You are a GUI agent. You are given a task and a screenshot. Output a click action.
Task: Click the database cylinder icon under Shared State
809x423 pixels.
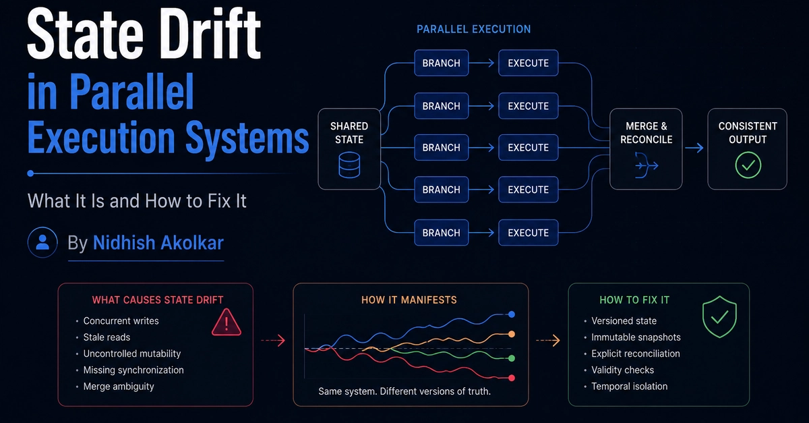pyautogui.click(x=349, y=165)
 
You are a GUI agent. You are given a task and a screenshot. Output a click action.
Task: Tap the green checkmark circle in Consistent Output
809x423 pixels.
pyautogui.click(x=748, y=165)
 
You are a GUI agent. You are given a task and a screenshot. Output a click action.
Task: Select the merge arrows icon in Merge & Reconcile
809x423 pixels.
pyautogui.click(x=646, y=165)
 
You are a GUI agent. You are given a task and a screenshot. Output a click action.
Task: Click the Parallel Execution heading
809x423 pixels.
pyautogui.click(x=473, y=29)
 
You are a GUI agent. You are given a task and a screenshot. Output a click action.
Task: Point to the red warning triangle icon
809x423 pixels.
pyautogui.click(x=227, y=322)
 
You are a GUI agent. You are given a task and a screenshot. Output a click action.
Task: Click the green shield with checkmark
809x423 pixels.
pyautogui.click(x=719, y=317)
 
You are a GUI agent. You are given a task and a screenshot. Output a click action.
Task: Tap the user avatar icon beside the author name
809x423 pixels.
pyautogui.click(x=42, y=242)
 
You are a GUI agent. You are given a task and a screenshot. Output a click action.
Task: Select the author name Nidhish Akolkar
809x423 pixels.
pyautogui.click(x=158, y=243)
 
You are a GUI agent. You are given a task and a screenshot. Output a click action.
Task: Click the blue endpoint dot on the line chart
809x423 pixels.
pyautogui.click(x=512, y=314)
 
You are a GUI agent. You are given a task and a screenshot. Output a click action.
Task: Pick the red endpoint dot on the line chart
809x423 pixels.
pyautogui.click(x=512, y=378)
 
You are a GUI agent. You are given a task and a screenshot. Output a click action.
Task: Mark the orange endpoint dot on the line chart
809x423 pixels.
pyautogui.click(x=512, y=334)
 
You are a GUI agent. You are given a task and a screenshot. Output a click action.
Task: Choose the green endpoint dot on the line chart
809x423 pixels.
pyautogui.click(x=512, y=358)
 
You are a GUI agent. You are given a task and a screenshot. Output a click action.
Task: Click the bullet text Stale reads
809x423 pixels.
pyautogui.click(x=107, y=337)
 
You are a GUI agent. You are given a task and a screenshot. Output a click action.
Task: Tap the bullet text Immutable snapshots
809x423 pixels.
pyautogui.click(x=636, y=337)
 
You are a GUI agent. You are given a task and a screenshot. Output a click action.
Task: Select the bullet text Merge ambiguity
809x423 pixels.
pyautogui.click(x=119, y=387)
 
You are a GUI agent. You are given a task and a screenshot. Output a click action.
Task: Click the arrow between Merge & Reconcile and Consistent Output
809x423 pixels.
pyautogui.click(x=694, y=148)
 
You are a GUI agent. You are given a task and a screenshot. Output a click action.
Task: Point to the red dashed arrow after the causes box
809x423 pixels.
pyautogui.click(x=273, y=340)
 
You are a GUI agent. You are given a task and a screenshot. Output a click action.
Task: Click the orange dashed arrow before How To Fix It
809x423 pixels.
pyautogui.click(x=548, y=340)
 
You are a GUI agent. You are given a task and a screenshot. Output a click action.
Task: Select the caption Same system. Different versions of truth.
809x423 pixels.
pyautogui.click(x=404, y=391)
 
